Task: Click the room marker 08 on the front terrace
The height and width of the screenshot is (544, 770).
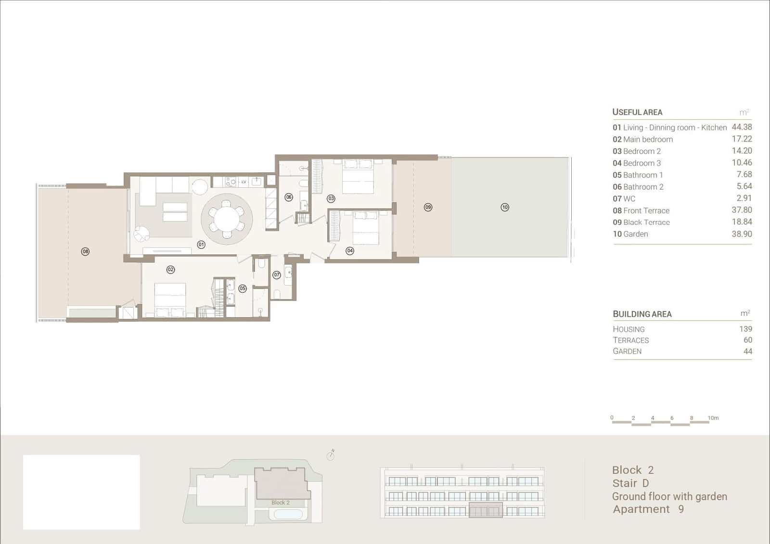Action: click(85, 252)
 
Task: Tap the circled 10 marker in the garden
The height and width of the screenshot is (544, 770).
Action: click(505, 207)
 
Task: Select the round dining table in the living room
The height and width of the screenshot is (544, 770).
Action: click(227, 220)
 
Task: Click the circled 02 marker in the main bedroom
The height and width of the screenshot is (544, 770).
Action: click(170, 270)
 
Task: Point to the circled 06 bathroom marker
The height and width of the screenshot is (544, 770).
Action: click(289, 197)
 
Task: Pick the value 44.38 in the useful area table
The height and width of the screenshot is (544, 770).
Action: click(742, 127)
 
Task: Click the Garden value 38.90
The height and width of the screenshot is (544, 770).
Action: click(742, 234)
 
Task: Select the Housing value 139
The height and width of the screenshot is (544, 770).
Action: click(745, 329)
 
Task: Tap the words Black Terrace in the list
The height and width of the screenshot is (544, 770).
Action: click(646, 222)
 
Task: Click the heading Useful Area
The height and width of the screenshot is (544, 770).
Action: click(637, 112)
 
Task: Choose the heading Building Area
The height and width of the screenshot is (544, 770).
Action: click(642, 314)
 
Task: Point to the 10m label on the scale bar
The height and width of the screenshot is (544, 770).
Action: click(713, 418)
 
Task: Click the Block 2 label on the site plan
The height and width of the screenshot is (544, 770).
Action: click(280, 503)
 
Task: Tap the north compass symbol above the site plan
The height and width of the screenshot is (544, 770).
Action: click(331, 455)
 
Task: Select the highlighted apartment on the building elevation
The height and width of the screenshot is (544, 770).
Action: click(486, 510)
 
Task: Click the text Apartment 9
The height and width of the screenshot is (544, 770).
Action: click(648, 509)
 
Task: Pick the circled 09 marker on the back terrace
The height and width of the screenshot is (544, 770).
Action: click(428, 207)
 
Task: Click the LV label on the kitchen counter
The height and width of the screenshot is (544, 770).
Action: click(244, 182)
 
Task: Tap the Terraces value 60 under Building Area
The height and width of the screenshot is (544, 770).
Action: click(748, 340)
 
